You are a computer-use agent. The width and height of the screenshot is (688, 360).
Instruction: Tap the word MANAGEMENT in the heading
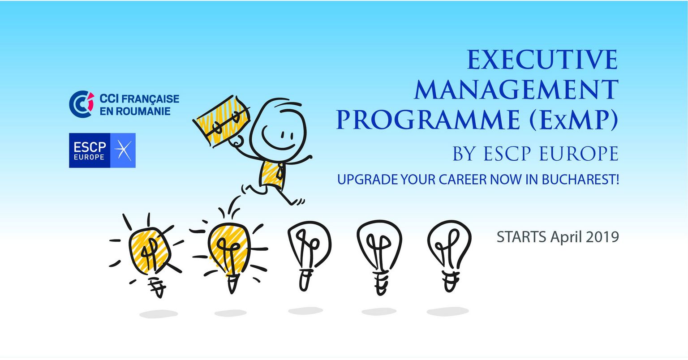[516, 90]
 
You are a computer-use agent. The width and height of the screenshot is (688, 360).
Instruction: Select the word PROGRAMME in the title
[428, 120]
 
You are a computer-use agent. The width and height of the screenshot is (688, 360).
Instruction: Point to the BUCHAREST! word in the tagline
[580, 180]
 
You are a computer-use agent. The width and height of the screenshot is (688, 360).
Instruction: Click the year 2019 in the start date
[602, 237]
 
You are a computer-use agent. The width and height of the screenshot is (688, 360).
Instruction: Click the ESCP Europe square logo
[102, 150]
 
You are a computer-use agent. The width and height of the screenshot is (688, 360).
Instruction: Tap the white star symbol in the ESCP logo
[123, 150]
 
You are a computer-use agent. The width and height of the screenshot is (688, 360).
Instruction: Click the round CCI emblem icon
[82, 104]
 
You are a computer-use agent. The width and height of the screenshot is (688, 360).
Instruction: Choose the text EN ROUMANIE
[135, 111]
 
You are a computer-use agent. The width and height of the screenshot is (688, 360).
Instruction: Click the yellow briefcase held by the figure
[221, 121]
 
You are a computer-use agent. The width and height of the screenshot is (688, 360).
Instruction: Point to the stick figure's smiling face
[278, 129]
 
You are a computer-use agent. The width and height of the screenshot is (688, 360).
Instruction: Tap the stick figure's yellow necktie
[279, 171]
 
